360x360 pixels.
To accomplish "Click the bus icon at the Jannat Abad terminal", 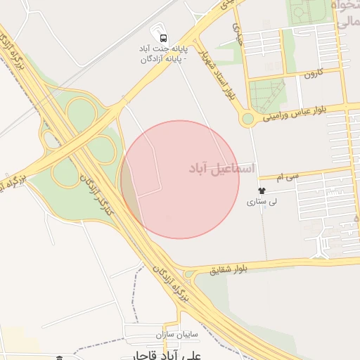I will tap(164, 38).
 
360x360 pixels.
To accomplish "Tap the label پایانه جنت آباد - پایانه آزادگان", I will tap(163, 54).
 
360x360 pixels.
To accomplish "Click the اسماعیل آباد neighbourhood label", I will tap(214, 169).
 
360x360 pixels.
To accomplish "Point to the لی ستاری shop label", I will tap(262, 202).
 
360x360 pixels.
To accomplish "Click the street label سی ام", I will tap(288, 174).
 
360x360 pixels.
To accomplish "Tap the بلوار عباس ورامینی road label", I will tap(302, 114).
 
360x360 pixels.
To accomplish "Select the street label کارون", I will tap(313, 73).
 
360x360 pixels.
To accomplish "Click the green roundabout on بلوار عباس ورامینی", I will tap(247, 120).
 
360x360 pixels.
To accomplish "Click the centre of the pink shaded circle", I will tap(180, 179).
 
